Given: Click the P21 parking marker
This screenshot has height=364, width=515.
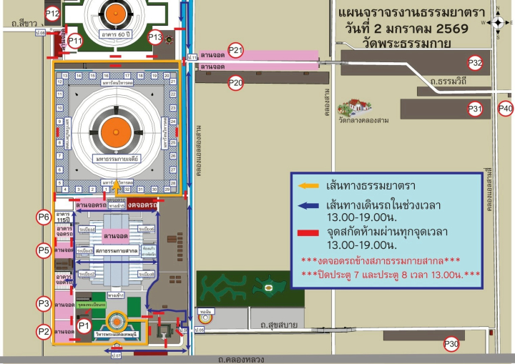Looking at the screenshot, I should (x=236, y=51).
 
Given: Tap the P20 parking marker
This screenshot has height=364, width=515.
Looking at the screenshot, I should (x=236, y=83).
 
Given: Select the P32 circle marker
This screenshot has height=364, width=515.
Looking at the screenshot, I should (x=476, y=63).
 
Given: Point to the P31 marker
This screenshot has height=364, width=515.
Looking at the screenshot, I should (x=476, y=109).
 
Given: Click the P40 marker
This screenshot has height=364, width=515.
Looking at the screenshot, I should (x=506, y=109).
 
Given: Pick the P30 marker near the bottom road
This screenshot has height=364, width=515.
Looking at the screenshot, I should (x=451, y=345).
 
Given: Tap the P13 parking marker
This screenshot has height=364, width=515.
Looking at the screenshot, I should (x=155, y=38).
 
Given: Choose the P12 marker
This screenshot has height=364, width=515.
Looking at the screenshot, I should (x=53, y=13).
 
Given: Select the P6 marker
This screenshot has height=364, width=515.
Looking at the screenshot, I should (x=44, y=217).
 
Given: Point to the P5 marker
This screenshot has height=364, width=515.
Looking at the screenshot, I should (x=44, y=250).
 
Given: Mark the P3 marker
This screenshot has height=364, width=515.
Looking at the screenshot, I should (x=44, y=303).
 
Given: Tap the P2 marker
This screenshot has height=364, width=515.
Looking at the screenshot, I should (x=44, y=331).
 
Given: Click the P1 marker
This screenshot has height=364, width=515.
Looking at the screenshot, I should (x=84, y=326).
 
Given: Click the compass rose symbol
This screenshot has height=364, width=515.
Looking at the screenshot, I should (x=499, y=22).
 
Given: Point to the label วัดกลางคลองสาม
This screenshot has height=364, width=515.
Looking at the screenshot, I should (x=364, y=121).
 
